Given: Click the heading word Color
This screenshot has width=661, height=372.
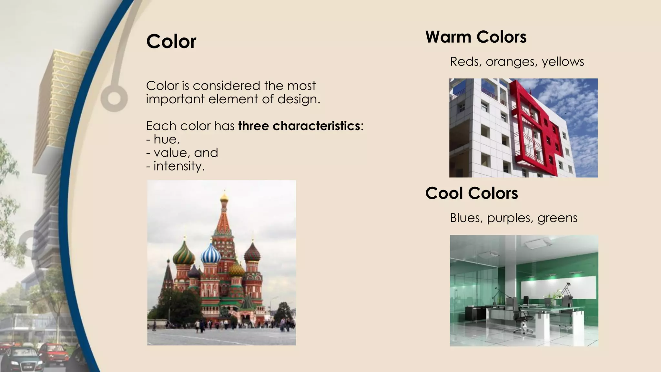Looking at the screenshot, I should click(x=171, y=42).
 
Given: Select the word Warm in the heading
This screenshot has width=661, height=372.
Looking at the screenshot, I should click(x=448, y=37).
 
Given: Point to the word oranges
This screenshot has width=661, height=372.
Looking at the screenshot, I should click(x=512, y=62).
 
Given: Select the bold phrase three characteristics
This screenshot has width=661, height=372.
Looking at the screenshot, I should click(x=299, y=126).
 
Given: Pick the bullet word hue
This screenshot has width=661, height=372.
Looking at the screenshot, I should click(x=166, y=139).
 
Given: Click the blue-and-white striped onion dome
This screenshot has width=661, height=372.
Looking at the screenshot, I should click(x=211, y=254).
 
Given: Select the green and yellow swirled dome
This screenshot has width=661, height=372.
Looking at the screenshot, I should click(x=184, y=254).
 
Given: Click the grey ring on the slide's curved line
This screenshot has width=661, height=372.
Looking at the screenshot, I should click(x=114, y=98).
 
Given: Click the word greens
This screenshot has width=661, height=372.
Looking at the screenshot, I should click(x=557, y=218).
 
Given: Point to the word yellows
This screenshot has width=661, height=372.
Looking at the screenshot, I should click(x=563, y=62).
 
